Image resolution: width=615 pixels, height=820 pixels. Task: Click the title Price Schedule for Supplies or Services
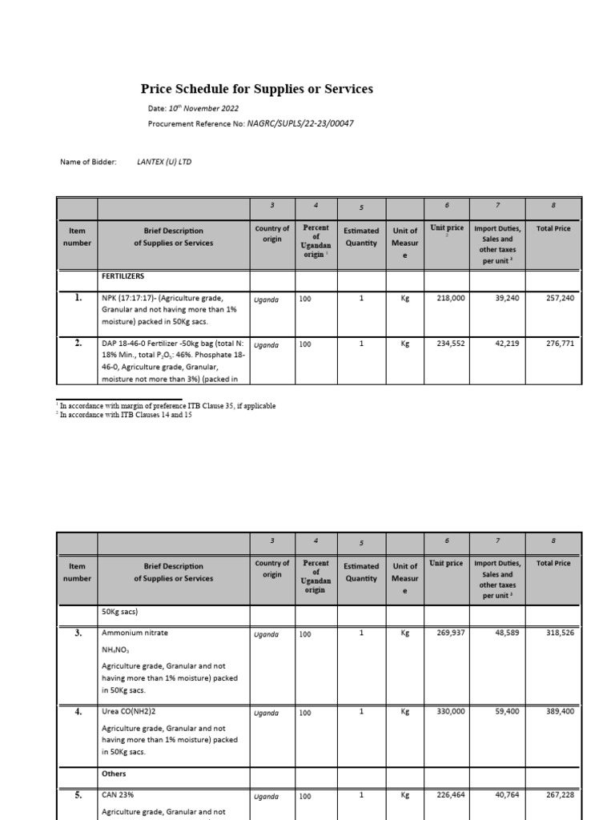(x=257, y=90)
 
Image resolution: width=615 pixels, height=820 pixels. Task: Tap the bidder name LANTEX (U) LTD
(x=164, y=162)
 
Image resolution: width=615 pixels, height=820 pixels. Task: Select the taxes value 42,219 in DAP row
(x=504, y=345)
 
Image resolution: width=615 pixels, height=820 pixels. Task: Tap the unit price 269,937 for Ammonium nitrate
(x=448, y=633)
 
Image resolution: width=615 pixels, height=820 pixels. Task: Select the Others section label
(x=115, y=774)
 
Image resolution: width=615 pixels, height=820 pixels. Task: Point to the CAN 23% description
(x=118, y=796)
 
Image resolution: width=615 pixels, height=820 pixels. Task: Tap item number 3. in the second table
(x=78, y=633)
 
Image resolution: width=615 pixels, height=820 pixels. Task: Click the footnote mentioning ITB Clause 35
(x=167, y=406)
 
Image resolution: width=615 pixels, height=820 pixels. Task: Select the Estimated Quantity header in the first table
(x=361, y=236)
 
